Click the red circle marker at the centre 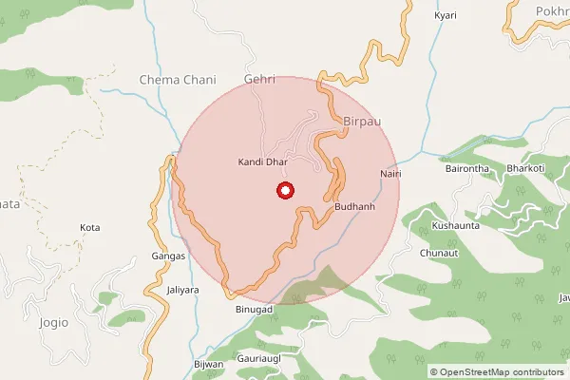(284, 191)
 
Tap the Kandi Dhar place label (261, 162)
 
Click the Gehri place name (259, 80)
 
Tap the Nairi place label (390, 175)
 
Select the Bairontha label (466, 169)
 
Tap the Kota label (90, 228)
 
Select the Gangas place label (168, 256)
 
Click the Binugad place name (255, 311)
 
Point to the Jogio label (54, 322)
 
